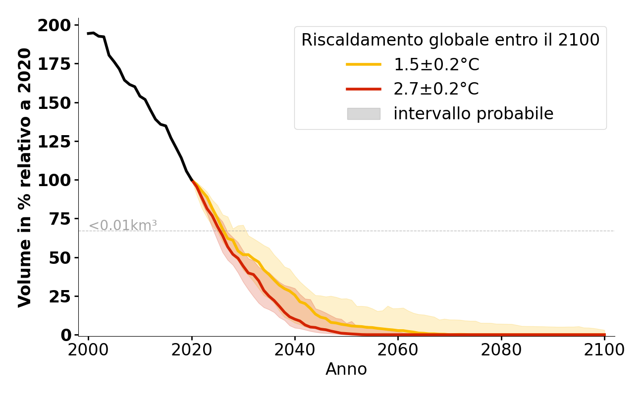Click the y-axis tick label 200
[x=54, y=25]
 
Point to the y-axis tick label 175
[x=54, y=64]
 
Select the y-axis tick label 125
[x=54, y=142]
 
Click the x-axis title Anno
[x=346, y=369]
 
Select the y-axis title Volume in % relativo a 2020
[x=25, y=178]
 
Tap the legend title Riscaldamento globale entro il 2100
[x=450, y=40]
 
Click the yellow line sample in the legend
[x=364, y=64]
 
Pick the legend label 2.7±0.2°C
[x=436, y=89]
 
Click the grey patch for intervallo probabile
[x=364, y=114]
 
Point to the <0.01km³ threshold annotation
[x=123, y=226]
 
